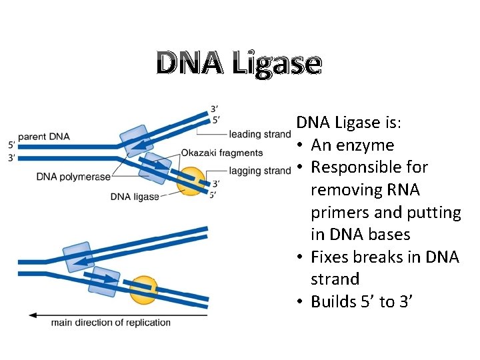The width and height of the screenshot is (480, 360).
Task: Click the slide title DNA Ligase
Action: (x=239, y=64)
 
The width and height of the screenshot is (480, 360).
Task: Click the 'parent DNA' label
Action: (x=44, y=137)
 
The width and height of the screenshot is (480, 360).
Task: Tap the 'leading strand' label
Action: (x=259, y=134)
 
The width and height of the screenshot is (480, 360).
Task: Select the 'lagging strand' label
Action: (x=259, y=171)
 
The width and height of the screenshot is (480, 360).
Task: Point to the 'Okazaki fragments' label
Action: (x=221, y=153)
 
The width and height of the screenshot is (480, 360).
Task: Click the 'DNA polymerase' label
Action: (x=74, y=177)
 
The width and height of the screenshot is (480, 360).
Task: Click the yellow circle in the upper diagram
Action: (x=191, y=181)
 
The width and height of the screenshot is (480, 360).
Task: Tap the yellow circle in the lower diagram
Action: (x=143, y=289)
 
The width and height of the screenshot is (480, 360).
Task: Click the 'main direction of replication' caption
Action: (x=111, y=323)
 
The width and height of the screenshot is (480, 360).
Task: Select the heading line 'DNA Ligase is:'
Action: (x=353, y=123)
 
